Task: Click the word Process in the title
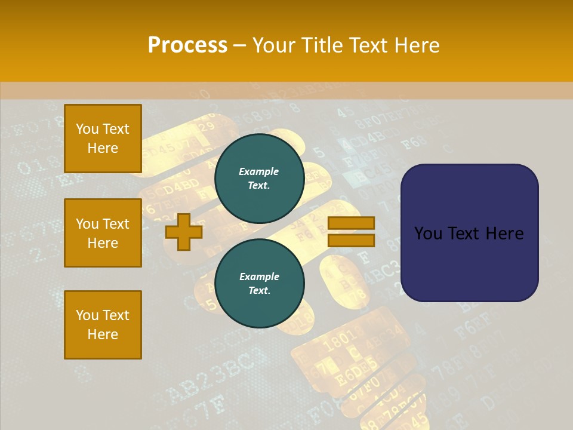tap(187, 45)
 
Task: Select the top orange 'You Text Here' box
tap(103, 139)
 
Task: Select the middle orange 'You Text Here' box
tap(103, 233)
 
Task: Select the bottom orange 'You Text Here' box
tap(103, 325)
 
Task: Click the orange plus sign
tap(184, 232)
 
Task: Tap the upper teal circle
tap(259, 179)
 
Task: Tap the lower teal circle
tap(259, 284)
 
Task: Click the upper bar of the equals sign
tap(351, 223)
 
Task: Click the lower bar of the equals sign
tap(351, 240)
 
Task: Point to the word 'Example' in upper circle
tap(259, 171)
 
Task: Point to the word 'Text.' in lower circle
tap(259, 291)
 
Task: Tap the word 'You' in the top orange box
tap(87, 129)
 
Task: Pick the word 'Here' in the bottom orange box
tap(103, 334)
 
